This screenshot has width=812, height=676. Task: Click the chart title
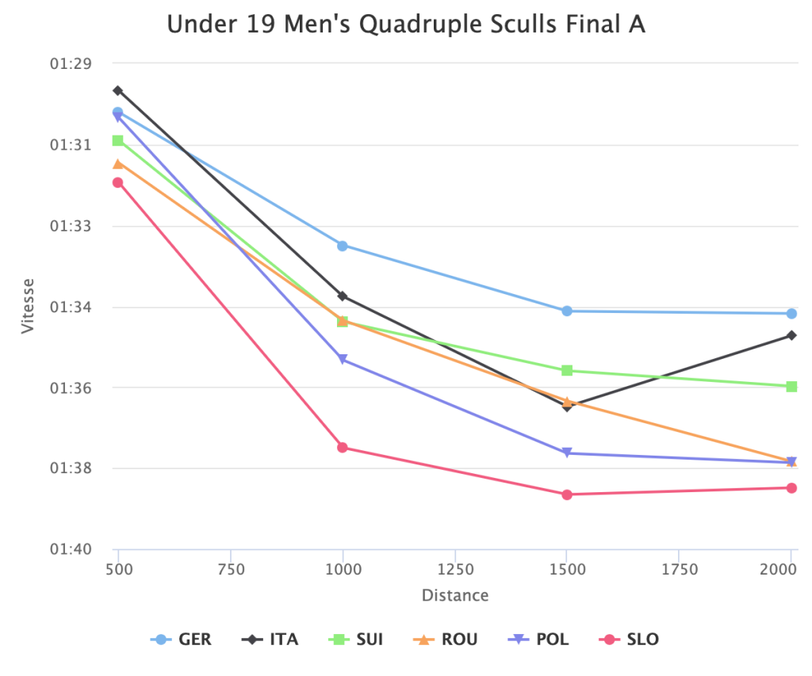coord(406,25)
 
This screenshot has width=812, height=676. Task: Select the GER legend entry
coord(183,640)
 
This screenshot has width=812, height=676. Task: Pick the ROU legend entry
coord(447,640)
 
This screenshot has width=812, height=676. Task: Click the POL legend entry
coord(541,640)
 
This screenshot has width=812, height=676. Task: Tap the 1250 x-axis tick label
coord(455,569)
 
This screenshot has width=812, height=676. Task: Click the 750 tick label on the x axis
coord(231,569)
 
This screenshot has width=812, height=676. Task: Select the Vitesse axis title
coord(29,306)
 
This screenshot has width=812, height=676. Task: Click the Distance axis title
coord(455,595)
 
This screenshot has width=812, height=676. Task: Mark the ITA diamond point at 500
coord(118,90)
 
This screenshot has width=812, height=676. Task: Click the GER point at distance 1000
coord(343,246)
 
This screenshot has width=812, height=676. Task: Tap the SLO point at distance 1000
coord(343,448)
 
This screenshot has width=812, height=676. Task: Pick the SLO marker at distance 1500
coord(567,495)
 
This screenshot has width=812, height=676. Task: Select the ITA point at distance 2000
coord(791,335)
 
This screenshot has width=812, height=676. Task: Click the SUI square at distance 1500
coord(567,371)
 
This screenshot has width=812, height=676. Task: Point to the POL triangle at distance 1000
coord(343,360)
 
